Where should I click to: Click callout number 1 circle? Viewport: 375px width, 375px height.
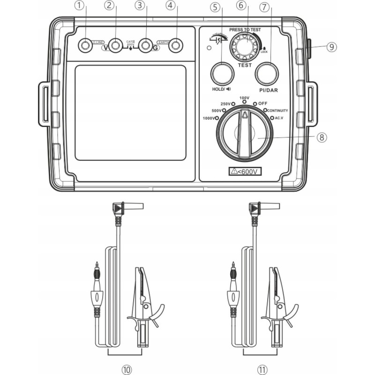tap(81, 7)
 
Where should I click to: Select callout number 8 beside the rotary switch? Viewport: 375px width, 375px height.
tap(321, 137)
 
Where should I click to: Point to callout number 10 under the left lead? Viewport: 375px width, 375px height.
tap(126, 369)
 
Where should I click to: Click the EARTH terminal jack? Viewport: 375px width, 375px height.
tap(176, 45)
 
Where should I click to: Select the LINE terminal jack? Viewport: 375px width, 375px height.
tap(85, 45)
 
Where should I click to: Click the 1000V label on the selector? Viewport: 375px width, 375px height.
tap(208, 118)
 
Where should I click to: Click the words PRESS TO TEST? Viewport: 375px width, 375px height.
tap(245, 30)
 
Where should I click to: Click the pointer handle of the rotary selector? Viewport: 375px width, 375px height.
tap(244, 134)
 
